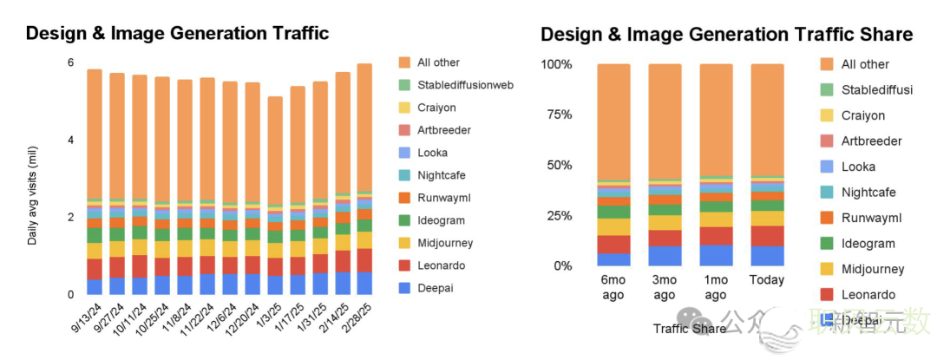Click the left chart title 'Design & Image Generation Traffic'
pyautogui.click(x=177, y=34)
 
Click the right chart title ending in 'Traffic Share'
pyautogui.click(x=726, y=35)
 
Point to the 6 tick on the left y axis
pyautogui.click(x=70, y=62)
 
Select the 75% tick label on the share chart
pyautogui.click(x=556, y=115)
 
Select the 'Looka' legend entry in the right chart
pyautogui.click(x=858, y=167)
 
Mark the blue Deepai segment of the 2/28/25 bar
pyautogui.click(x=364, y=283)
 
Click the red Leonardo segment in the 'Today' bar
pyautogui.click(x=767, y=236)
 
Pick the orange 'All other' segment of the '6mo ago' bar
pyautogui.click(x=613, y=121)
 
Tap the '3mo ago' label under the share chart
pyautogui.click(x=665, y=287)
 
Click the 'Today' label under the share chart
pyautogui.click(x=767, y=280)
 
